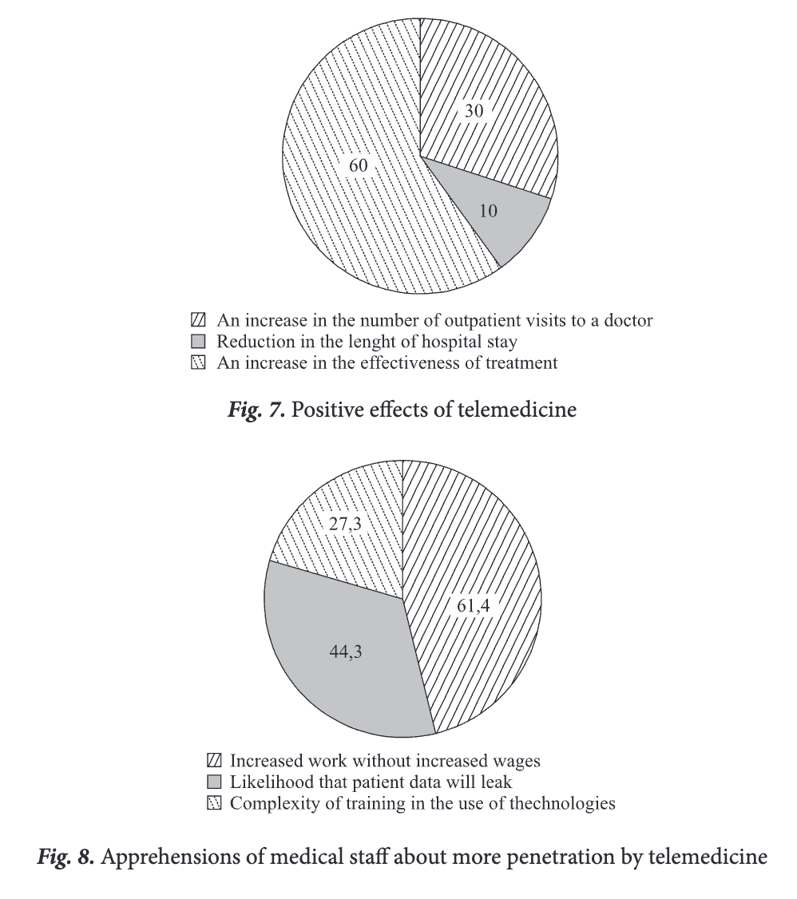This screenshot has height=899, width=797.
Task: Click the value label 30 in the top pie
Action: click(474, 111)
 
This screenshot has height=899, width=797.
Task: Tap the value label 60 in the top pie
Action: click(359, 167)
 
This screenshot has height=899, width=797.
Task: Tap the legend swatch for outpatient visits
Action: click(200, 321)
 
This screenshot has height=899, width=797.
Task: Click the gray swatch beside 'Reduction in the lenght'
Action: click(200, 343)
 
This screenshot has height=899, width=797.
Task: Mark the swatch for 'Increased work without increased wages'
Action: click(213, 759)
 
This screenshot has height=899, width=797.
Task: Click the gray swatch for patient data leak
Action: click(213, 782)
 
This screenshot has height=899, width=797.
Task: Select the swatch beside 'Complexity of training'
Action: click(213, 803)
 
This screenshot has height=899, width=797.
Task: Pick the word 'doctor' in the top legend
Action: click(629, 321)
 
